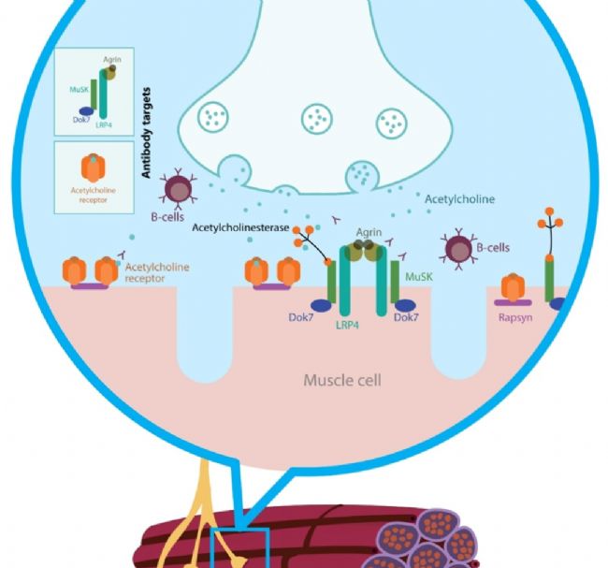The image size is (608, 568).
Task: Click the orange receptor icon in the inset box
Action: point(94,168)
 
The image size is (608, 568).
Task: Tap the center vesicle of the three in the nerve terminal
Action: point(316,119)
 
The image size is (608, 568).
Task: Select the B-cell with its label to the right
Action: point(458,249)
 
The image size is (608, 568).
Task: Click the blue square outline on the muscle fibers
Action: point(241,548)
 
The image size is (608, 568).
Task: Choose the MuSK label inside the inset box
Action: point(80,89)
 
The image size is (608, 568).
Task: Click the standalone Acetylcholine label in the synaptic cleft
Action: point(459,199)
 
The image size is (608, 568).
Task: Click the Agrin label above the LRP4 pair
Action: point(369,231)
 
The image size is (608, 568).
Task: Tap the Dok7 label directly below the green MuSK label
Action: point(405,318)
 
